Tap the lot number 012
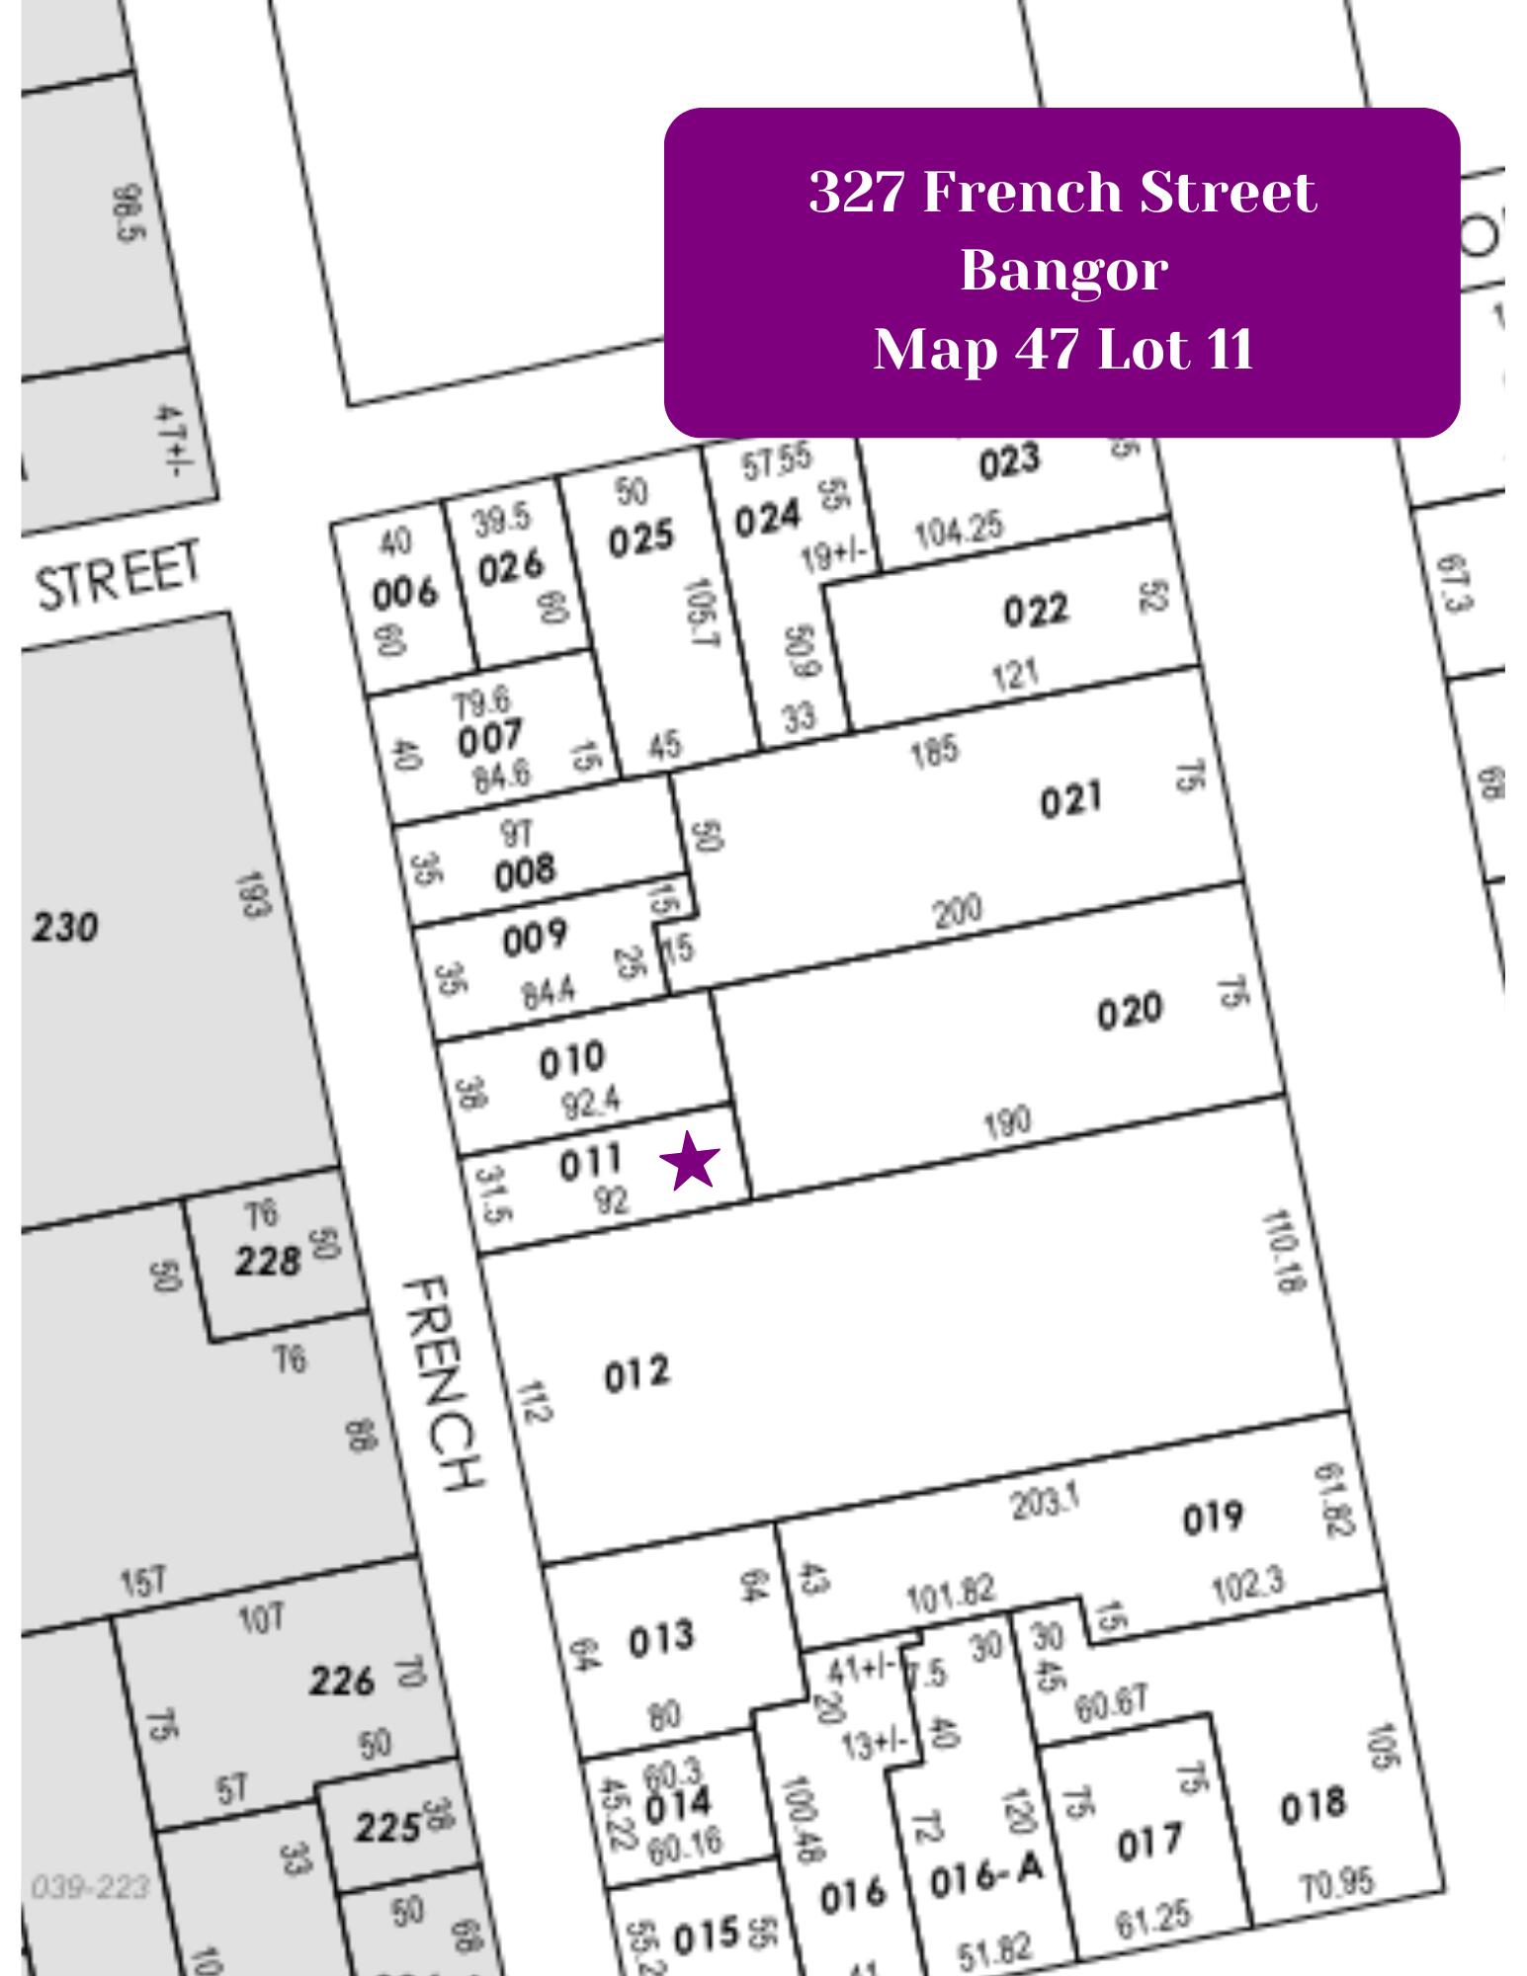(x=636, y=1374)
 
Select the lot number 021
(x=1070, y=799)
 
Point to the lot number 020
(x=1130, y=1012)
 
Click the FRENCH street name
(x=444, y=1383)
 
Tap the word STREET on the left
(x=119, y=576)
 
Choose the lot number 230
(x=65, y=929)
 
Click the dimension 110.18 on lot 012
(x=1284, y=1252)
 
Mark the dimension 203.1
(x=1044, y=1503)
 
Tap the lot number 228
(x=267, y=1262)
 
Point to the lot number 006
(x=404, y=595)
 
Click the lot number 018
(x=1313, y=1806)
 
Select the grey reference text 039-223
(x=90, y=1888)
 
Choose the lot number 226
(x=341, y=1681)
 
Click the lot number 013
(x=661, y=1639)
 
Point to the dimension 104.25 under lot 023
(x=958, y=533)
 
